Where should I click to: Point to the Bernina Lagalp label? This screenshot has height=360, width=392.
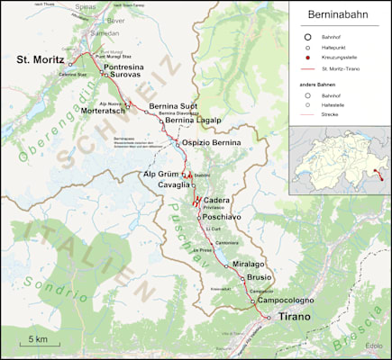192,121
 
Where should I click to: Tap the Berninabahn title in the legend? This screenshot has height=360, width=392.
339,16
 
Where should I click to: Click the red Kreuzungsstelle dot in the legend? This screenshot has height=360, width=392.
308,58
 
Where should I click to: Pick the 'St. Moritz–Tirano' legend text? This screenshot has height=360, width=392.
347,68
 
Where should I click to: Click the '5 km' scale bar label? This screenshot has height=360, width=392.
37,338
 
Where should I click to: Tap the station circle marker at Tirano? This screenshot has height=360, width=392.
267,318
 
